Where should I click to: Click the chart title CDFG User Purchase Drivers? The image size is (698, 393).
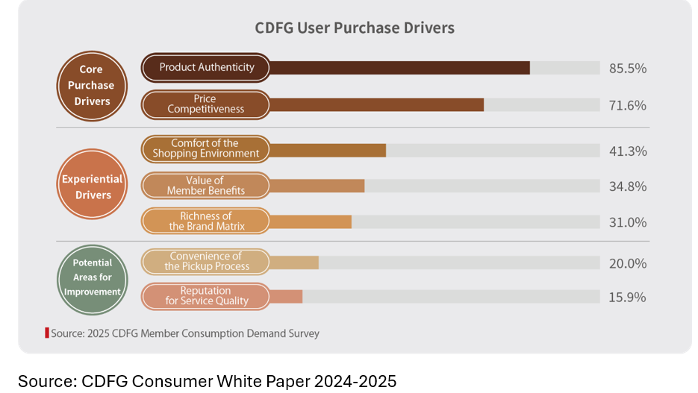coord(355,28)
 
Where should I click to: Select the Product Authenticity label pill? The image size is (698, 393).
coord(206,67)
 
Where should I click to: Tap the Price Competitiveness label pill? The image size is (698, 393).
coord(205,104)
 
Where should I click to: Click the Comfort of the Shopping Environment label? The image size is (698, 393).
coord(205,148)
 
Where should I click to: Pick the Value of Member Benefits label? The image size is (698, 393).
coord(205,185)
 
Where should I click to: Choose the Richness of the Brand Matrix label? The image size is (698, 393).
coord(205,221)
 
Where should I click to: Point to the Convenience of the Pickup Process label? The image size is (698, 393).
coord(205,261)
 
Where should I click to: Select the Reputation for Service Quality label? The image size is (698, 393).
coord(205,295)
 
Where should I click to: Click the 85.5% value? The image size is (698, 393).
coord(627,69)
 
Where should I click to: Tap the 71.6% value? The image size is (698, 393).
coord(627,105)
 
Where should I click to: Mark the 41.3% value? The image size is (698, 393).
coord(627,151)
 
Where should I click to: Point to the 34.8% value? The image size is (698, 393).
coord(627,186)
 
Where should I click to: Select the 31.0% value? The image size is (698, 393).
coord(627,222)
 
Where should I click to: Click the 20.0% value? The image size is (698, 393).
coord(627,263)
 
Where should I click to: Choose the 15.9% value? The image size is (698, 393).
coord(627,297)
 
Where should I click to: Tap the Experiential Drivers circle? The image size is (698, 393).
coord(93,186)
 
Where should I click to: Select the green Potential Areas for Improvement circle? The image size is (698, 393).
coord(93,277)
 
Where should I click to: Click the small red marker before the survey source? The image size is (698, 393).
coord(47,333)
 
